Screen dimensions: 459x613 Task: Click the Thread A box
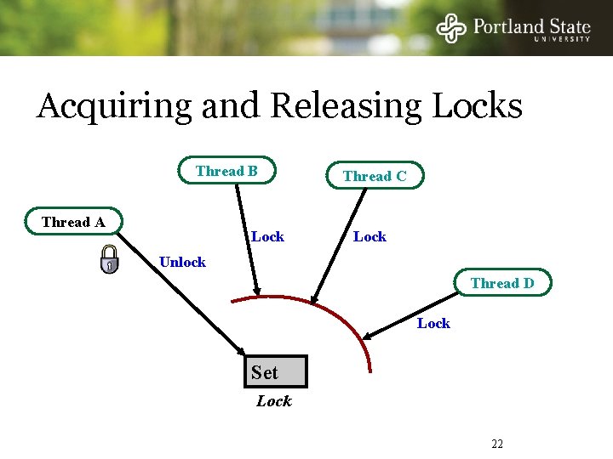pyautogui.click(x=74, y=222)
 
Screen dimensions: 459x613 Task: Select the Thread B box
pyautogui.click(x=226, y=171)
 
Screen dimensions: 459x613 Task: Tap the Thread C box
pyautogui.click(x=375, y=176)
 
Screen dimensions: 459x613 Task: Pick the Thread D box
pyautogui.click(x=502, y=283)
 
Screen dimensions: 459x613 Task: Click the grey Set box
pyautogui.click(x=274, y=372)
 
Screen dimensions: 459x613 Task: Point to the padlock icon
pyautogui.click(x=109, y=259)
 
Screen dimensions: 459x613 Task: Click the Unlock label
pyautogui.click(x=182, y=262)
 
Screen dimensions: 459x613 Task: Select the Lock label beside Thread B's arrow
pyautogui.click(x=267, y=236)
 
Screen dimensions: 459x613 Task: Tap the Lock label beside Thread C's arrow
pyautogui.click(x=370, y=236)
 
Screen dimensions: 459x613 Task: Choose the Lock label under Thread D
pyautogui.click(x=433, y=323)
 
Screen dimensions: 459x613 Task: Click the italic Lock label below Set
pyautogui.click(x=274, y=401)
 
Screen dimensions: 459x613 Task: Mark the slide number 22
pyautogui.click(x=497, y=444)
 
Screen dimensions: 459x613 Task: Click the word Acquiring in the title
pyautogui.click(x=114, y=107)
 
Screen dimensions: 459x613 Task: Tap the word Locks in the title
pyautogui.click(x=478, y=107)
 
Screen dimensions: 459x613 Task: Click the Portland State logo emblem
pyautogui.click(x=452, y=28)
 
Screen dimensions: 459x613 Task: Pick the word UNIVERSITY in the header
pyautogui.click(x=561, y=39)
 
